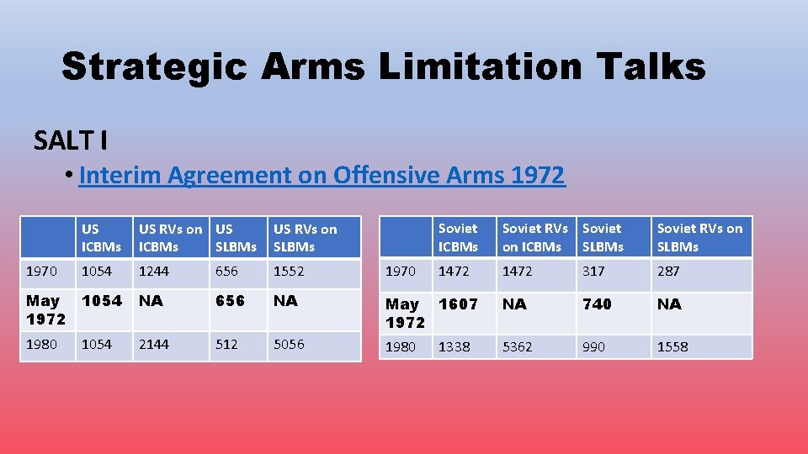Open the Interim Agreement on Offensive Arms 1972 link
322,175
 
